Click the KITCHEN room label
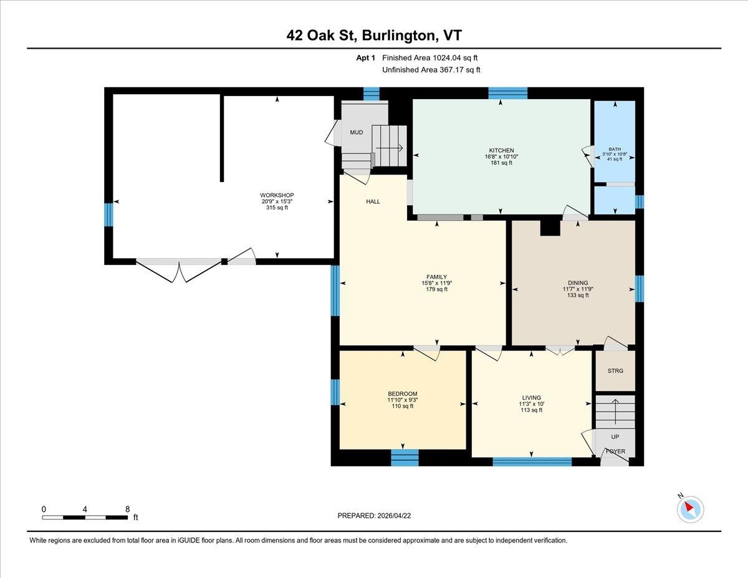tap(501, 150)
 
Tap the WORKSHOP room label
tap(277, 195)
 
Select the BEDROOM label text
tap(402, 393)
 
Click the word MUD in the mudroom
tap(356, 132)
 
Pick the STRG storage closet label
tap(615, 370)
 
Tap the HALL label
tap(373, 201)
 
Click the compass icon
tap(690, 508)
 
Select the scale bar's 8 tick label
tap(127, 509)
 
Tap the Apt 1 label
tap(365, 58)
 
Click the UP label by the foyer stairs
tap(615, 437)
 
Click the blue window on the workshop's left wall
tap(108, 214)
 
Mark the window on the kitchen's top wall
tap(507, 94)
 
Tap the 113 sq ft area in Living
tap(532, 410)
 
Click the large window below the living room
tap(532, 462)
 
